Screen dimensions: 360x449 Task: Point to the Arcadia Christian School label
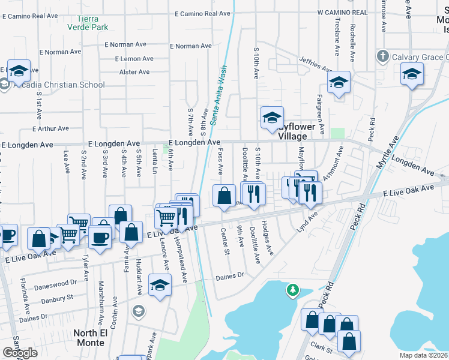point(58,85)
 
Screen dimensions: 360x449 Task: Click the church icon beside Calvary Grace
point(382,57)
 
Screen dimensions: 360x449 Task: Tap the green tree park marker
point(292,290)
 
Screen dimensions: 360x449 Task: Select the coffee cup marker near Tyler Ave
point(100,236)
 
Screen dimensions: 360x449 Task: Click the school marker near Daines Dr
point(160,285)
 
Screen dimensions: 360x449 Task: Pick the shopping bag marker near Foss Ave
point(224,195)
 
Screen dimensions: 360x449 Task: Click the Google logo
point(20,353)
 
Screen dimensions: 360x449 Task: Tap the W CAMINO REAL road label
point(342,12)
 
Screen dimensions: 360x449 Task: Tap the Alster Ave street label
point(134,72)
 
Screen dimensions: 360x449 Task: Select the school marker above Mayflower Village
point(271,116)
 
